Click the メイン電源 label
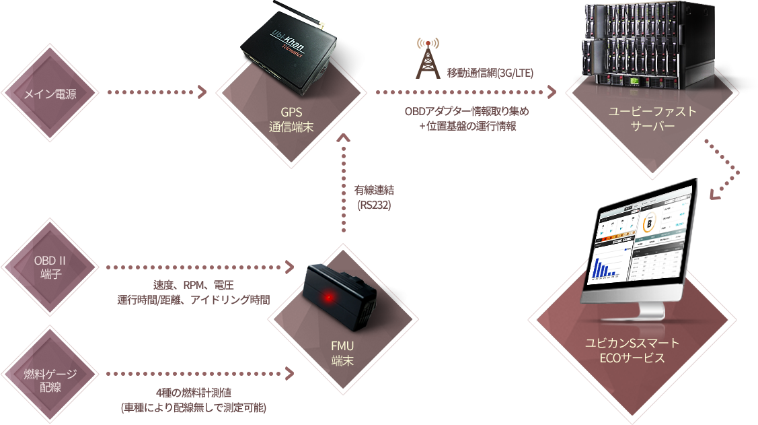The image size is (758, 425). coord(50,94)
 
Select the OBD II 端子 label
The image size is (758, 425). coord(50,265)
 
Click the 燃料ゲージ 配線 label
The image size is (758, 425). coord(50,380)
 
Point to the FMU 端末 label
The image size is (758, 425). coord(342,353)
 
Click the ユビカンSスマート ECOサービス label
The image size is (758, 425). coord(632,350)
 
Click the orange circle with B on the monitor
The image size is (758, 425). coord(650,223)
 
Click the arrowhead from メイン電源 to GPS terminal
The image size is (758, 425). coord(202,92)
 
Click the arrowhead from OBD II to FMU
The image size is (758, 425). coord(291,268)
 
